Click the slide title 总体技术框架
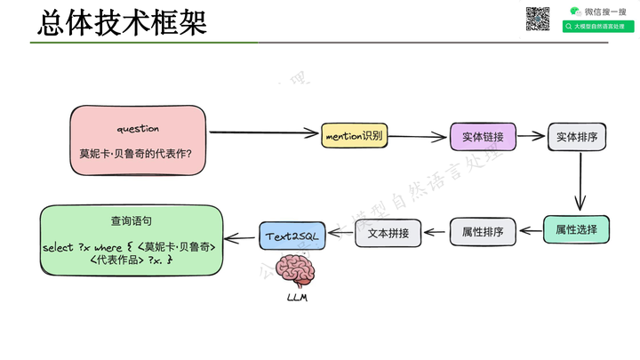pos(122,22)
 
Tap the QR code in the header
pos(538,19)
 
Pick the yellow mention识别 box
pos(354,136)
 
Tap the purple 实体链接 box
pos(483,137)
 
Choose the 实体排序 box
pos(577,137)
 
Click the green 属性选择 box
pos(577,230)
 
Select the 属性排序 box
pos(483,233)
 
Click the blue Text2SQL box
pos(292,236)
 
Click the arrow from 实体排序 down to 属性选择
pos(579,183)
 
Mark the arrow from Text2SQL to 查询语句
pos(240,237)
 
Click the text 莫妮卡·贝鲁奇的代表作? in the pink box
pos(141,152)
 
